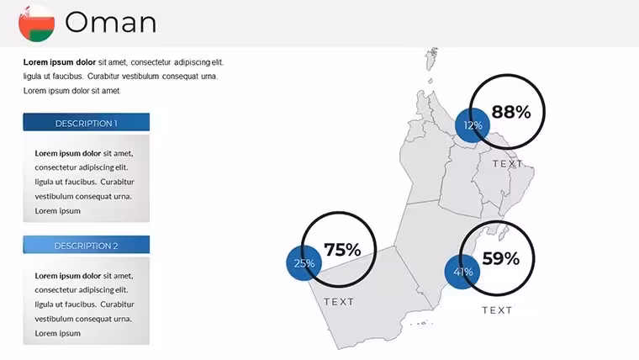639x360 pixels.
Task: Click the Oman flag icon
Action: pos(37,24)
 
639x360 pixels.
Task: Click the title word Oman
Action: pos(111,23)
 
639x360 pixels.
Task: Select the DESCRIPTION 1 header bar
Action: pos(87,122)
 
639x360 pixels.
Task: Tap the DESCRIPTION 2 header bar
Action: pos(87,245)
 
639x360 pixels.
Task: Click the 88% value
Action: pos(511,112)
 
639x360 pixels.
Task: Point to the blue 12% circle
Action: pos(473,125)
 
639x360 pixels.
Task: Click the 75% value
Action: pos(342,250)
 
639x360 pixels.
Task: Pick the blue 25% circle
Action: pos(304,263)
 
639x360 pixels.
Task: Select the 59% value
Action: pos(501,258)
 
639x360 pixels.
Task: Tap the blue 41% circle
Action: pos(462,272)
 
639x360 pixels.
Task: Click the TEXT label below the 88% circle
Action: pos(507,163)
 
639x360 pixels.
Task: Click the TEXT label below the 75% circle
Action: pos(339,302)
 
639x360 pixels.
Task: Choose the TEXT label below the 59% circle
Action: pos(497,310)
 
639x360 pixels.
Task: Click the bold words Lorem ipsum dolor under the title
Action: pos(60,62)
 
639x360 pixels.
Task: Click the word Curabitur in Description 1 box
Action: pos(118,182)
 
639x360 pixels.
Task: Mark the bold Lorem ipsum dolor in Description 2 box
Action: pos(67,276)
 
